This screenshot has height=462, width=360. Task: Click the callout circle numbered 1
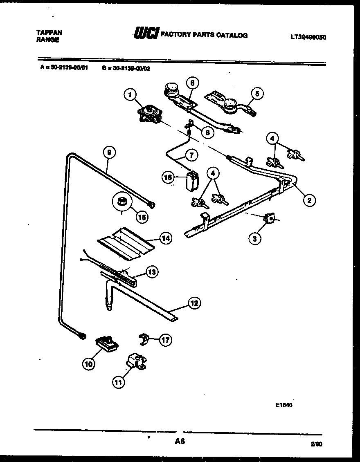point(130,96)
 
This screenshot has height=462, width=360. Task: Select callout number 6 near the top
point(192,83)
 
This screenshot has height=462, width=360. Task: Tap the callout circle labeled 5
point(257,94)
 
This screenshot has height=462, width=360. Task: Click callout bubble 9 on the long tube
point(109,153)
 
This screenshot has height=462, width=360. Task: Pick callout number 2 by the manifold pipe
point(309,200)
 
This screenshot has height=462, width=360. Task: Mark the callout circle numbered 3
point(255,238)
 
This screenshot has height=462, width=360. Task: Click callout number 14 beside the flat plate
point(165,238)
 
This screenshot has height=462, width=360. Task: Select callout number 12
point(194,303)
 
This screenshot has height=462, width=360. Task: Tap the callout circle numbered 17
point(165,339)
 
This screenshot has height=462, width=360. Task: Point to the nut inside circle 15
point(122,202)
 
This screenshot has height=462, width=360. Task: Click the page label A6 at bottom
point(180,442)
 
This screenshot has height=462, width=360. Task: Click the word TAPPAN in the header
point(49,32)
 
